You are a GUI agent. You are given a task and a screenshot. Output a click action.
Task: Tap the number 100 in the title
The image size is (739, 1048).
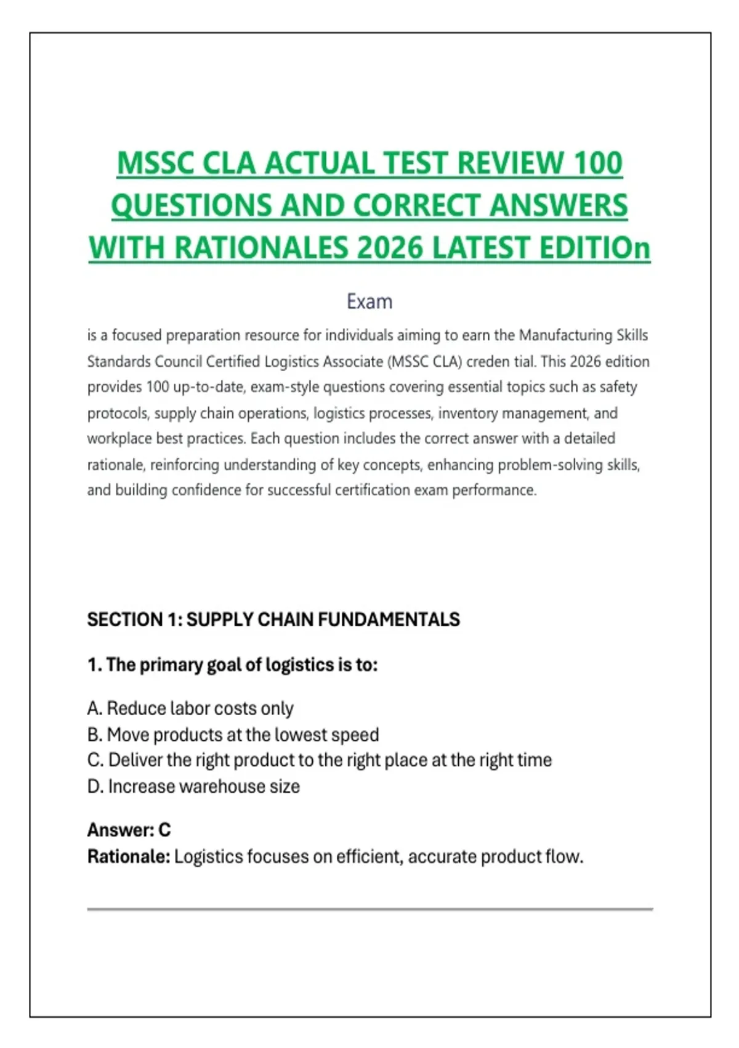(597, 163)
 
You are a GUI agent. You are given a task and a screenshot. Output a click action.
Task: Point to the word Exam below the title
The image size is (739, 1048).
(369, 301)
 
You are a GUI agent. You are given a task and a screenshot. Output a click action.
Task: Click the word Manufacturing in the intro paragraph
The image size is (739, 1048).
(565, 335)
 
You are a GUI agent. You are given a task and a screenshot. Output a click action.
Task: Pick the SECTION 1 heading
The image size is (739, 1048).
(273, 620)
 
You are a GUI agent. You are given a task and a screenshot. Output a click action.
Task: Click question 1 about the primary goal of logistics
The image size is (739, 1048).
(232, 665)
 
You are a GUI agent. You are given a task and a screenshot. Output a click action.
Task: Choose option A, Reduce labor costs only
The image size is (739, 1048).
(190, 708)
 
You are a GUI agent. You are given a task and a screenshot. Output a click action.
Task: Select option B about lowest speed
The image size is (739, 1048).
(233, 735)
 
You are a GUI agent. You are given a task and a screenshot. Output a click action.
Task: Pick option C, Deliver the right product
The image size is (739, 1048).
(319, 760)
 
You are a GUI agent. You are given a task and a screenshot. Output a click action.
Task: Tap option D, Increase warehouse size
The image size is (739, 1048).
(193, 787)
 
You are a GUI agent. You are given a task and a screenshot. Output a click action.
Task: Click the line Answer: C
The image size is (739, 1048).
(129, 830)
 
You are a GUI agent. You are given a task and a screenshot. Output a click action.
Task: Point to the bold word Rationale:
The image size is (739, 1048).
(128, 857)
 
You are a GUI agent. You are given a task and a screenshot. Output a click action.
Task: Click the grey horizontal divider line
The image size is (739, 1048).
(369, 909)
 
